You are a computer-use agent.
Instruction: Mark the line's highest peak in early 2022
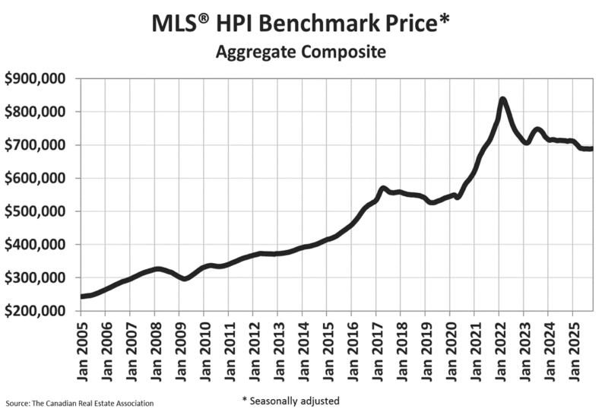coord(502,100)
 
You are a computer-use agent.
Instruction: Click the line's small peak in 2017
coord(383,188)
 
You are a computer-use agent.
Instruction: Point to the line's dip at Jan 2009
coord(183,279)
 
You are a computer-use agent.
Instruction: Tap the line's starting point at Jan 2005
coord(81,296)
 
